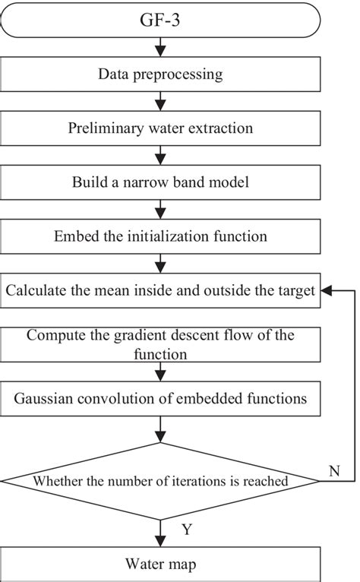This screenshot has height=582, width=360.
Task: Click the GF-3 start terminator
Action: coord(160,21)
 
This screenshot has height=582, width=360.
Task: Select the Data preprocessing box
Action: coord(160,74)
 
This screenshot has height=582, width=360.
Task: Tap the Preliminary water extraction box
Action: coord(160,128)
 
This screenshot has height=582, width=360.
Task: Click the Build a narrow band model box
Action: coord(160,182)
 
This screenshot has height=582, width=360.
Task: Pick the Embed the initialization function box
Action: coord(160,236)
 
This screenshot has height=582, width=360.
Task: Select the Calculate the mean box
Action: coord(160,290)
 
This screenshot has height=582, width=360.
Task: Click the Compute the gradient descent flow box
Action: coord(160,343)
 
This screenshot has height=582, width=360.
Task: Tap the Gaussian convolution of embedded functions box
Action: coord(160,397)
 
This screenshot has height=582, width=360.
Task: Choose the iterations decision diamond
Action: coord(160,480)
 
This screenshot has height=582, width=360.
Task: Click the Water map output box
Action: coord(160,564)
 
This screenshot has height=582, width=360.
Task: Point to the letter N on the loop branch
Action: coord(333,471)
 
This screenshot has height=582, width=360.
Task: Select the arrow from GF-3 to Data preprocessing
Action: coord(160,48)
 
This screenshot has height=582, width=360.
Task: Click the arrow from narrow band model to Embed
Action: coord(160,209)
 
